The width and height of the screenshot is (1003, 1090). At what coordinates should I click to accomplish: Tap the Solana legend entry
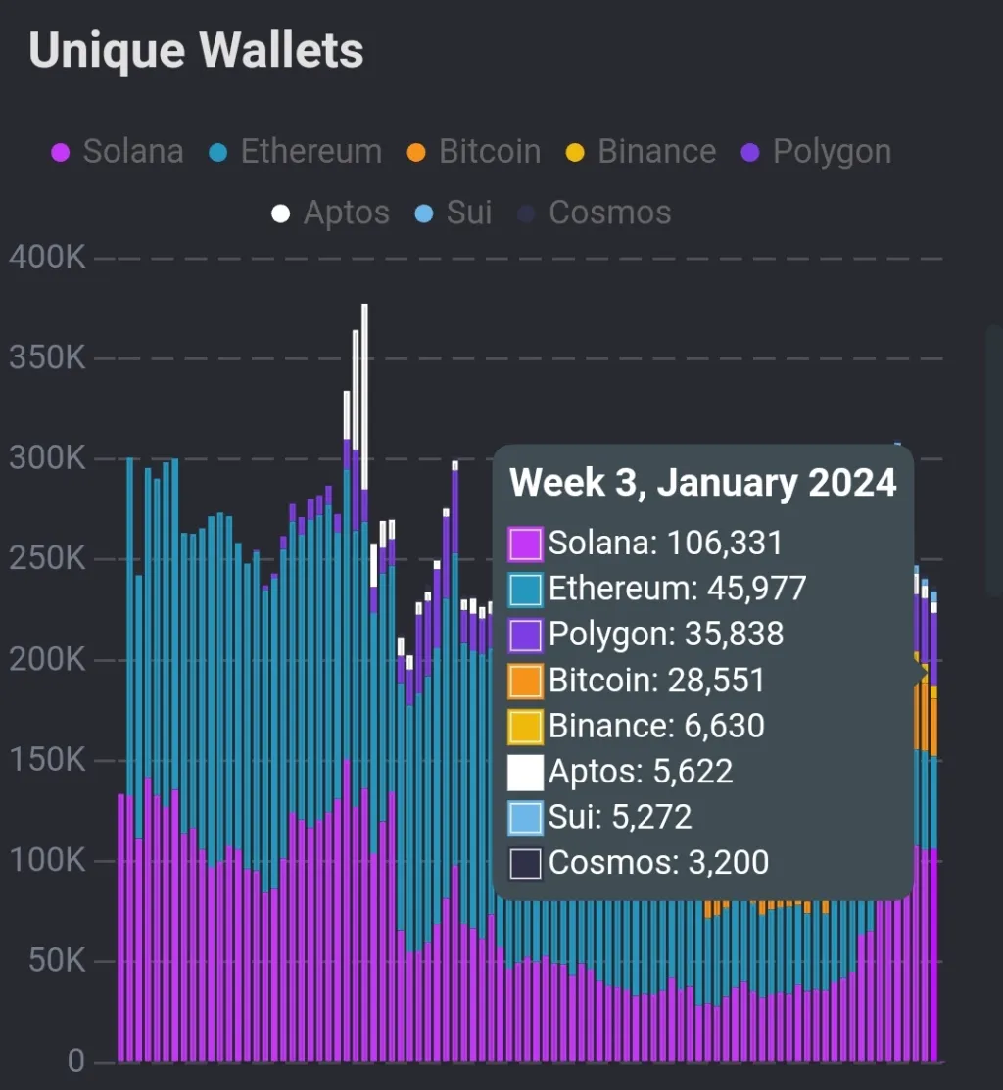(118, 152)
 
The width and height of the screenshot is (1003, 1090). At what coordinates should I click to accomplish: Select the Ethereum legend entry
(296, 152)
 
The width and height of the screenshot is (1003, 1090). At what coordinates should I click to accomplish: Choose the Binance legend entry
(642, 152)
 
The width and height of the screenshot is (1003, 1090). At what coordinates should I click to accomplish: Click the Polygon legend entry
(818, 152)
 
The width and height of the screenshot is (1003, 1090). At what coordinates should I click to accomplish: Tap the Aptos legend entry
(331, 213)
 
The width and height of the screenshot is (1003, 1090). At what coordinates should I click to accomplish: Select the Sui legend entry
(456, 213)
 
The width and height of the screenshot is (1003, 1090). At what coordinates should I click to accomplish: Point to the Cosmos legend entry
(596, 213)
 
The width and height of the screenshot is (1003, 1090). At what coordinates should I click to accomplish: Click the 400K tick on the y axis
(47, 259)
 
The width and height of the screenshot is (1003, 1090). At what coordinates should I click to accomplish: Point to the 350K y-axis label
(47, 358)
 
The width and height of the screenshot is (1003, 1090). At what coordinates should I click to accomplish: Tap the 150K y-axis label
(47, 761)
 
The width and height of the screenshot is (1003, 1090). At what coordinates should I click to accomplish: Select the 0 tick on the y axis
(76, 1062)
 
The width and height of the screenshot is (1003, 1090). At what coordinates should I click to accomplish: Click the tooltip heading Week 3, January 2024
(702, 483)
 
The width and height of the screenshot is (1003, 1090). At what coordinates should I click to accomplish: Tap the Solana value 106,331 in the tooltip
(725, 544)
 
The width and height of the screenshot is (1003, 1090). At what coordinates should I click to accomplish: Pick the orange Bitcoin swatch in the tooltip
(526, 682)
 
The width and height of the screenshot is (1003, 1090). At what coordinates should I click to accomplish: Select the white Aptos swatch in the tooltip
(526, 773)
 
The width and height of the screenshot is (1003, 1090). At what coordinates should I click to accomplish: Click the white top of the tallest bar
(364, 392)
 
